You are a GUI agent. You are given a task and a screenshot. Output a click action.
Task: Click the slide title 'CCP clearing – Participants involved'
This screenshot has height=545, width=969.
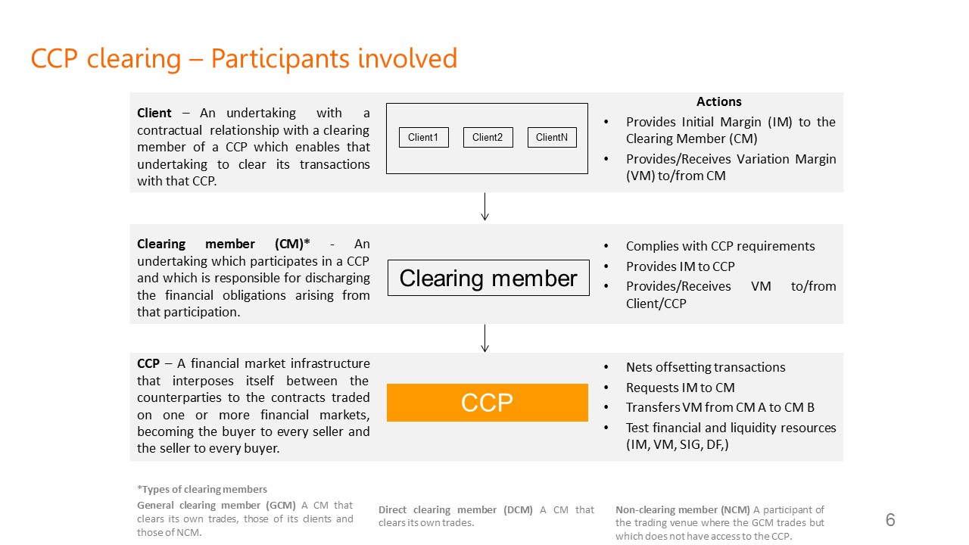click(x=244, y=59)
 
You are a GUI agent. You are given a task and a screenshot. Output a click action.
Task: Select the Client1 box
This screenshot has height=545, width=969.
click(x=423, y=137)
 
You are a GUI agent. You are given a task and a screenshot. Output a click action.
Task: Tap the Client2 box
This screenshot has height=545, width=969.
click(x=488, y=137)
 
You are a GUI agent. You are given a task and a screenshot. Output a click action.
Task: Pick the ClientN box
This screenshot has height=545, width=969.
click(x=552, y=137)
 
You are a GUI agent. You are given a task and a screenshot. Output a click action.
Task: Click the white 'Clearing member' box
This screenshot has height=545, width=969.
click(x=488, y=278)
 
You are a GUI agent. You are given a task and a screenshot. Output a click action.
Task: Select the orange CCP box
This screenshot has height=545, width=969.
click(x=488, y=403)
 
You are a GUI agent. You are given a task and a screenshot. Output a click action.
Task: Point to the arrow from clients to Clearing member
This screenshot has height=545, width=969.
click(x=484, y=207)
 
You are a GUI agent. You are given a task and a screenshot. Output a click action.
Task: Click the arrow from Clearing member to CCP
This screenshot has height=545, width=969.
click(x=484, y=338)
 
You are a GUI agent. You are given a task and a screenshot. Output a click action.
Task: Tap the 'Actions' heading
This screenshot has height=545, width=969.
click(x=718, y=101)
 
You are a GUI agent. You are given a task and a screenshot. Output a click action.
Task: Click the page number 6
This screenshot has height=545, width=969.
click(x=890, y=520)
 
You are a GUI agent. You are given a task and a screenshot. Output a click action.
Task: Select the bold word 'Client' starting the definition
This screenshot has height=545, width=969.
click(x=154, y=113)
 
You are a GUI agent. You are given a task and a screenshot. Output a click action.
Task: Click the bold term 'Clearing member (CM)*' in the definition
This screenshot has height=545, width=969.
click(x=224, y=244)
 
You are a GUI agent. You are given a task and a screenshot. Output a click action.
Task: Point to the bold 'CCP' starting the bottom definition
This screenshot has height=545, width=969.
click(x=148, y=364)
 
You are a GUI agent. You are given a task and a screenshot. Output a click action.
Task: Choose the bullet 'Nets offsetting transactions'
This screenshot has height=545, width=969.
click(x=706, y=367)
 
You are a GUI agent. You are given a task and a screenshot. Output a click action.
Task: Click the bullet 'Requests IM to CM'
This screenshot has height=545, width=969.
click(x=680, y=388)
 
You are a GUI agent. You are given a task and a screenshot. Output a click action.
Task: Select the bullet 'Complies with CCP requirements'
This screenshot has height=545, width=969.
click(x=720, y=246)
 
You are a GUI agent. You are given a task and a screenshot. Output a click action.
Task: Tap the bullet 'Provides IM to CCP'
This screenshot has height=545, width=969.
click(x=680, y=266)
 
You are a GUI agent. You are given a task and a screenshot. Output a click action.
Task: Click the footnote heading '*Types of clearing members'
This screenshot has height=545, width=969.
click(x=202, y=489)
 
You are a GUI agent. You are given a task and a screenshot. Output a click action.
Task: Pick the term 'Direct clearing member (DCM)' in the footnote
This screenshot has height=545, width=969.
click(x=457, y=509)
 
